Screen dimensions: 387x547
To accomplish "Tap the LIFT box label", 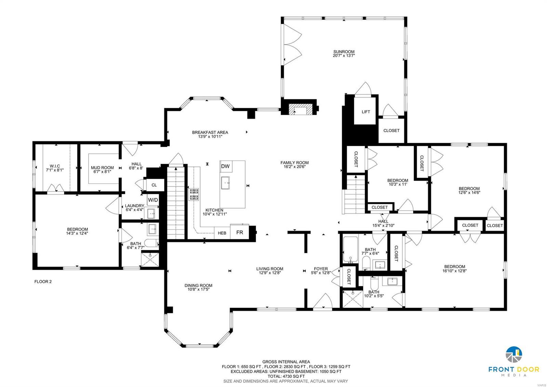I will click(x=366, y=112).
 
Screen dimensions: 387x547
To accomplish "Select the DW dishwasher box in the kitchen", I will click(x=225, y=166).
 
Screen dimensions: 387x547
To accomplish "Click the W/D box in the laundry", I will click(x=153, y=200).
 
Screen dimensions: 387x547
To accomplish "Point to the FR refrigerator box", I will click(x=240, y=232).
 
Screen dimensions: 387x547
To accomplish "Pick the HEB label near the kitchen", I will click(x=222, y=233).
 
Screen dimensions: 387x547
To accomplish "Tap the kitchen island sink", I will click(x=226, y=183).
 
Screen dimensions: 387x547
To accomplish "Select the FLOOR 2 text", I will click(x=43, y=282).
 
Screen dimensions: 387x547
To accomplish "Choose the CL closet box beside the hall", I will click(x=154, y=185).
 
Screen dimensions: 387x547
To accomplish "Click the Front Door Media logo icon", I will click(x=513, y=354).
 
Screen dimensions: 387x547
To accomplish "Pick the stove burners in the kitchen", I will click(x=194, y=194).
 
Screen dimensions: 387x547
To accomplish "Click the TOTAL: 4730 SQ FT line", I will click(x=286, y=376).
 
